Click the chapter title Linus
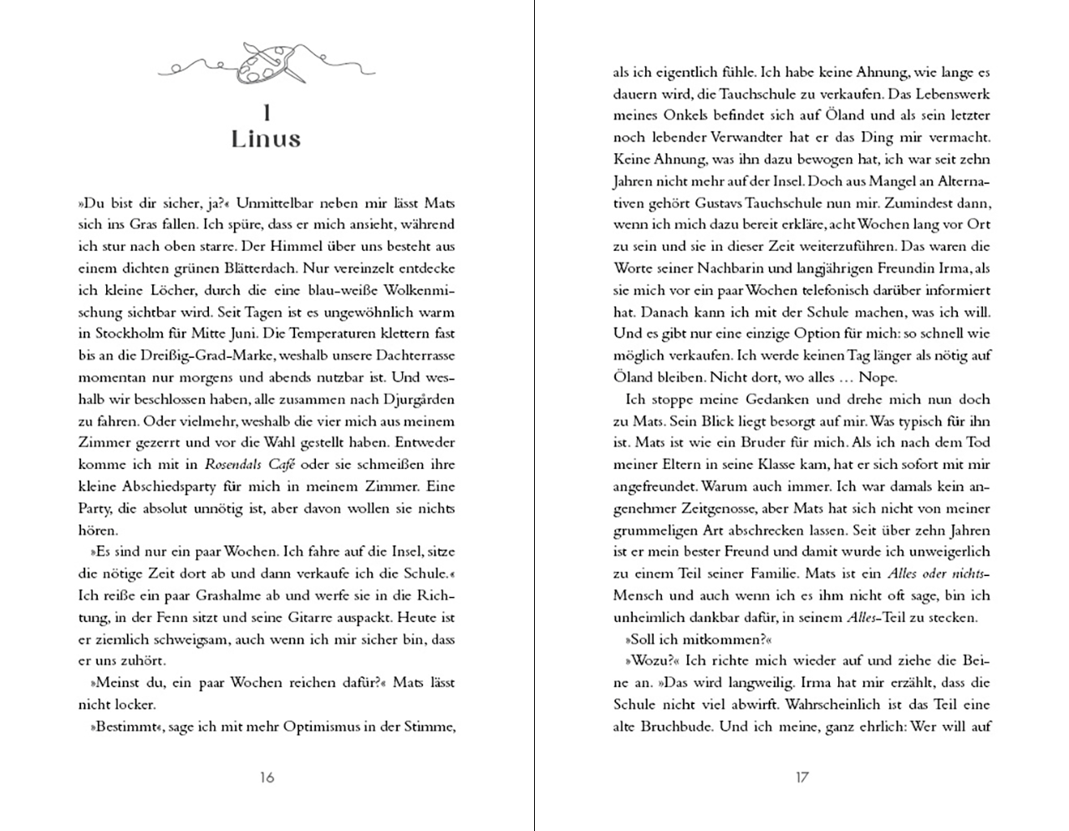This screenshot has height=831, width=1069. pos(266,139)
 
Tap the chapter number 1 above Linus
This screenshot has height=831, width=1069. pos(266,113)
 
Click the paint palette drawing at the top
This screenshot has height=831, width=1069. pos(266,63)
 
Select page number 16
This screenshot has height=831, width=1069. pos(266,777)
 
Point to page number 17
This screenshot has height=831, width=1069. pos(802,777)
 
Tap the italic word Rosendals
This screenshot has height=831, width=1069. pos(237,465)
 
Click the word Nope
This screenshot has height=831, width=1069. pos(877,377)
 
